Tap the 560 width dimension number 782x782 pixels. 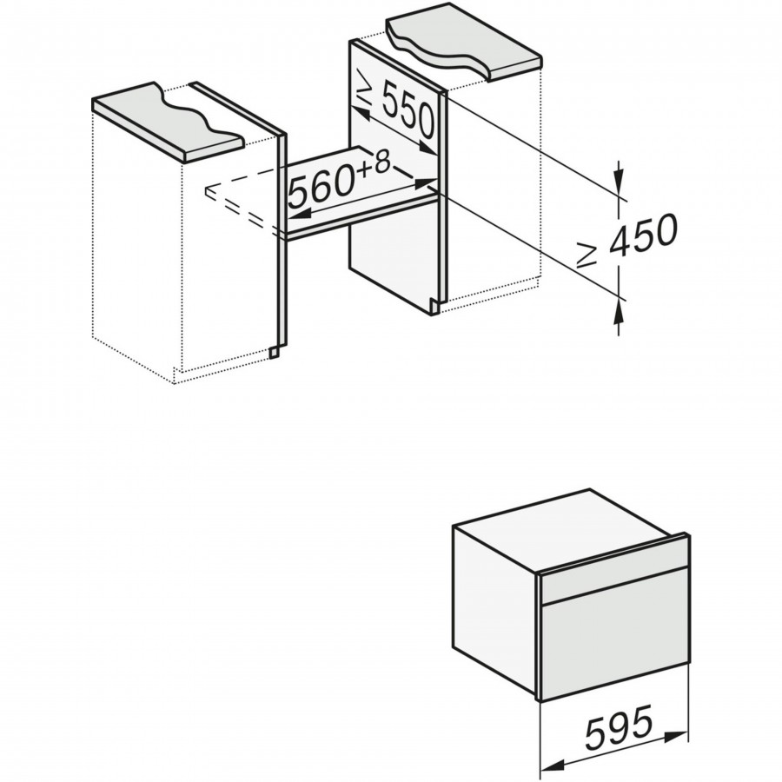(x=322, y=187)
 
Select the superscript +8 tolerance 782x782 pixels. (x=374, y=163)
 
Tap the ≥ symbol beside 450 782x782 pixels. (x=586, y=255)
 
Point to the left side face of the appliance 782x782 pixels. (x=495, y=601)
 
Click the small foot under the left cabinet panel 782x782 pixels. (x=275, y=353)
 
